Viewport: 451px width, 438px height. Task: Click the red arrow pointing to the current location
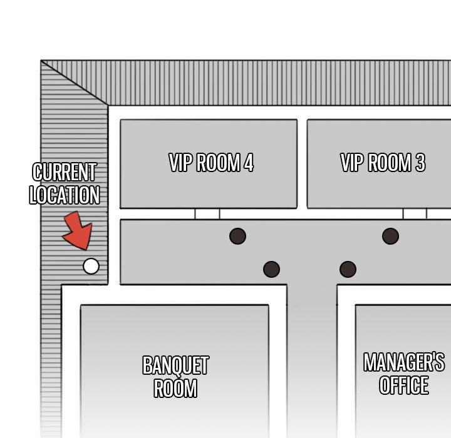(x=78, y=230)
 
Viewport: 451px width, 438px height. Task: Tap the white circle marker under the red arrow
(x=91, y=266)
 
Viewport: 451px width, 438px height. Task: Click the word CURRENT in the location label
(x=64, y=172)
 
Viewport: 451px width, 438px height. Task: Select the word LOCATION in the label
(x=65, y=195)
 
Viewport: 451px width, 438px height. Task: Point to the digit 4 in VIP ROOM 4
(x=249, y=163)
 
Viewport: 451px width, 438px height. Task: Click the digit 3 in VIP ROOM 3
(x=420, y=163)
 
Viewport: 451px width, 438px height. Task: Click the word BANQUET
(x=176, y=365)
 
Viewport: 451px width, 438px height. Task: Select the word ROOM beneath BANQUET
(x=175, y=389)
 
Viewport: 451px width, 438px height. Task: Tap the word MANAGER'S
(x=404, y=362)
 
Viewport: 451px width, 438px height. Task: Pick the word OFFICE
(x=404, y=385)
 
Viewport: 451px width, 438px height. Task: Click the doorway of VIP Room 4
(x=207, y=214)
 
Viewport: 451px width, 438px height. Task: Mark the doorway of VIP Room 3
(x=415, y=214)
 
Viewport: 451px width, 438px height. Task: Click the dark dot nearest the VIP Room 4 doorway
(x=237, y=237)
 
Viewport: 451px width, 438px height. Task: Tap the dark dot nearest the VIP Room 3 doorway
(x=390, y=237)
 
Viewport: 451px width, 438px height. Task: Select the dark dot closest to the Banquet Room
(x=271, y=269)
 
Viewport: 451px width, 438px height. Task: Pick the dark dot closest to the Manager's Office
(x=348, y=269)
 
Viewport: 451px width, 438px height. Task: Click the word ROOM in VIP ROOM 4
(x=219, y=163)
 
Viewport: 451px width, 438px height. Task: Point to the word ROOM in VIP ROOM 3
(x=390, y=163)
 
